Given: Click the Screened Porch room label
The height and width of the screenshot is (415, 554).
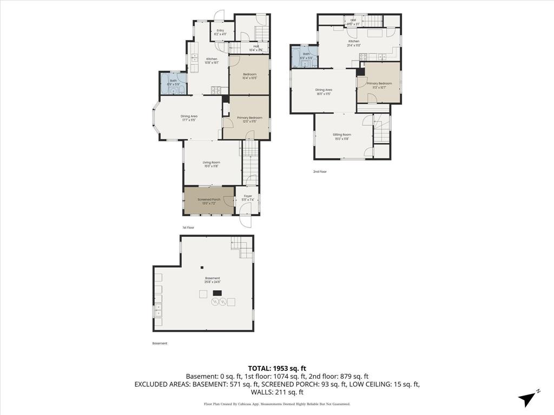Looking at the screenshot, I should (209, 201).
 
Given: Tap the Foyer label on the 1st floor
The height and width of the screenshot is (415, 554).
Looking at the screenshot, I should (248, 198).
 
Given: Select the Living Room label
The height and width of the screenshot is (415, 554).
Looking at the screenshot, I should (212, 164).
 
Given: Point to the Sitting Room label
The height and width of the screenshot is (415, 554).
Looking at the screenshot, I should (342, 136).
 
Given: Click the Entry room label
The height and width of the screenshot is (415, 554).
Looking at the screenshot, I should (220, 32).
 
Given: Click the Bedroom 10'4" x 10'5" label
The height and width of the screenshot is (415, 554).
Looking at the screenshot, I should (249, 76).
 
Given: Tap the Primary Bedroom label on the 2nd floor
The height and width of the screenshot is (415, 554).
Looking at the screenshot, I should (379, 85).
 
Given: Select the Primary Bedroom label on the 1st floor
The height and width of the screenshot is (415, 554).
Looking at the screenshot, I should (249, 119).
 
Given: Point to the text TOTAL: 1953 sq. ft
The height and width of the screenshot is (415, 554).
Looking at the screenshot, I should (277, 367).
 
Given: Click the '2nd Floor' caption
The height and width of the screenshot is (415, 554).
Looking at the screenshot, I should (320, 172).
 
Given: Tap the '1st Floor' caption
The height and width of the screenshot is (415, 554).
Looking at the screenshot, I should (188, 228).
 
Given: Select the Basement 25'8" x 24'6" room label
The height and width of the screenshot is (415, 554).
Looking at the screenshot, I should (213, 280).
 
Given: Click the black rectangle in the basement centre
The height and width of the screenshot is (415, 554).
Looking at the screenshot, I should (217, 293).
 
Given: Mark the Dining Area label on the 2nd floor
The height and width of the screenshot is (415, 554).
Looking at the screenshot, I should (324, 91).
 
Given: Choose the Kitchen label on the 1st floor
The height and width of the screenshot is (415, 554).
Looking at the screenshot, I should (212, 61).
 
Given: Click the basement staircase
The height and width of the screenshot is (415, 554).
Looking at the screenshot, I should (243, 249).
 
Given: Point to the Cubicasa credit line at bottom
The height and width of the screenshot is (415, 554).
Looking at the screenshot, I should (277, 404).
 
